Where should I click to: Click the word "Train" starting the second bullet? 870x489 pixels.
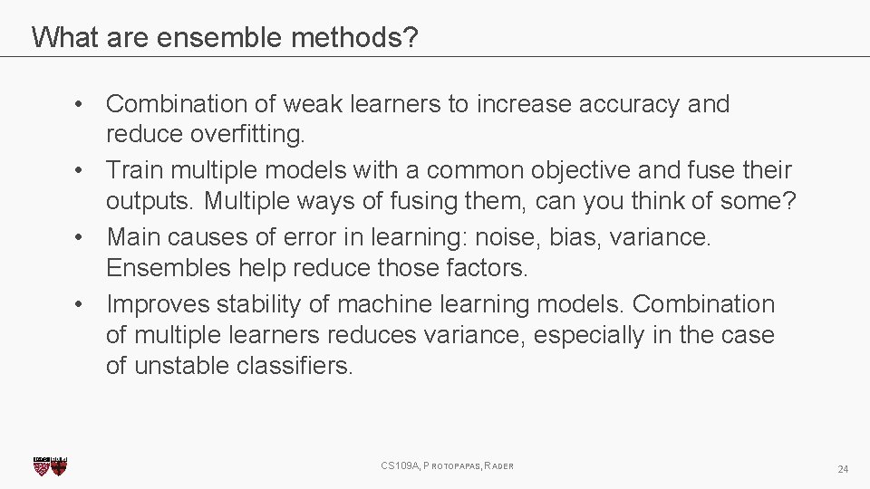click(x=132, y=170)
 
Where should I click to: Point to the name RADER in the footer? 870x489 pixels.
click(x=499, y=466)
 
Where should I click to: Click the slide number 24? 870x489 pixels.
click(x=843, y=469)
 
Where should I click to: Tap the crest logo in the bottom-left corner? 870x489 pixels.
click(x=50, y=465)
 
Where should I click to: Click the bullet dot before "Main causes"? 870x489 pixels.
click(x=82, y=237)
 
